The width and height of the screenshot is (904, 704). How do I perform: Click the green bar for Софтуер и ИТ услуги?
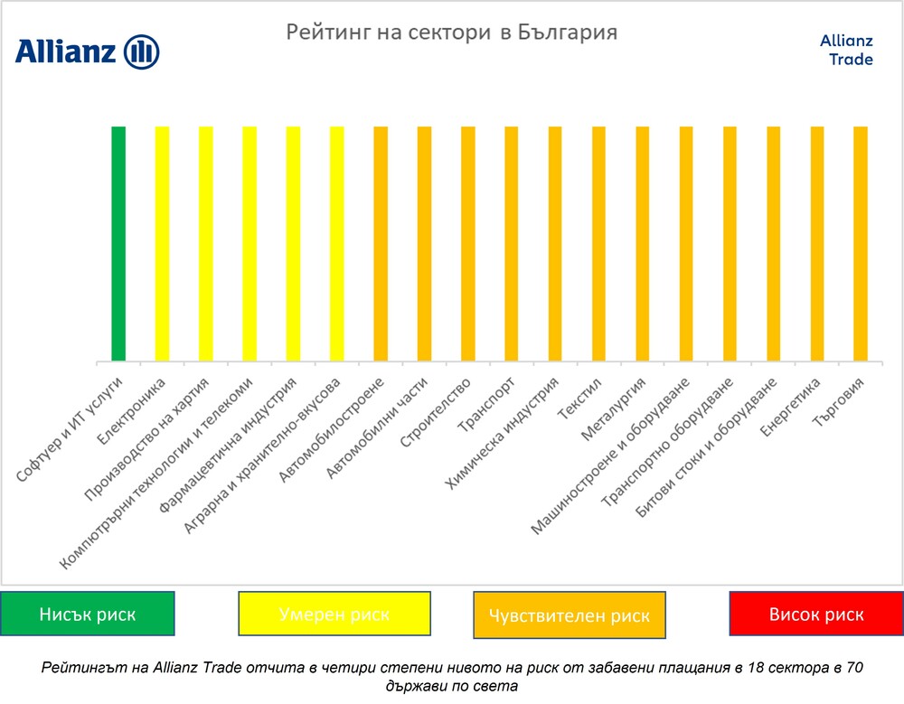[x=118, y=244]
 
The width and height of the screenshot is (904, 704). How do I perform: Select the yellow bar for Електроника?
[x=162, y=244]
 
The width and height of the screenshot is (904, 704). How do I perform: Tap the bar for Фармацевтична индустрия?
[x=293, y=244]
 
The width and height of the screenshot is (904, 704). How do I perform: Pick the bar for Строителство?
[x=467, y=244]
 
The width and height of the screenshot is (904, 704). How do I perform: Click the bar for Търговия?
[x=861, y=244]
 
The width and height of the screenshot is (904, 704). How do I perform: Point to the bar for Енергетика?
[x=817, y=244]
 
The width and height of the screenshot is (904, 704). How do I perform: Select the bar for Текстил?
[x=598, y=244]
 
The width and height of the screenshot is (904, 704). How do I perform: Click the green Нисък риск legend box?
[x=88, y=615]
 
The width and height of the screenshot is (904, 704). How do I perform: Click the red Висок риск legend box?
[x=816, y=615]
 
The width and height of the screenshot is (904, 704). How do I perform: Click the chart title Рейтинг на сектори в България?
[x=452, y=33]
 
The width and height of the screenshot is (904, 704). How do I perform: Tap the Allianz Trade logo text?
[x=846, y=51]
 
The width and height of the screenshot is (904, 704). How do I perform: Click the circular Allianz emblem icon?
[x=141, y=52]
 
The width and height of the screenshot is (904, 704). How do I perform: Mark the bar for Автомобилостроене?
[x=381, y=244]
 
